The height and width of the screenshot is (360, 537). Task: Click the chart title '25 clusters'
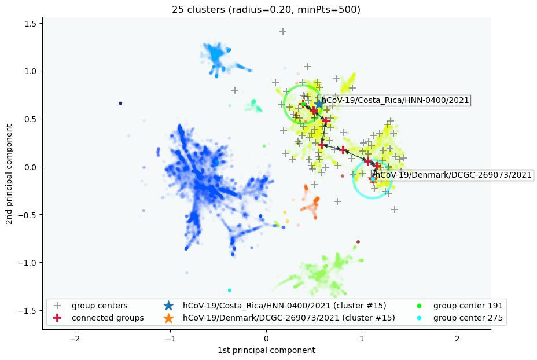[266, 9]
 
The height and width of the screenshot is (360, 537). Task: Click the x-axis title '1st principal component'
[266, 350]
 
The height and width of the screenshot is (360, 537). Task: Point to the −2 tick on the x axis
[75, 336]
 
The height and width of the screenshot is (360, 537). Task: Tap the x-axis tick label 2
[457, 336]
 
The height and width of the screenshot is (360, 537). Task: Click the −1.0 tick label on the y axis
[27, 263]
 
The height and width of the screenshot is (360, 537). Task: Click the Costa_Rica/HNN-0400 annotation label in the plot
[395, 101]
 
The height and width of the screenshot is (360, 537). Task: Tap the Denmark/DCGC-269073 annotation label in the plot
[452, 174]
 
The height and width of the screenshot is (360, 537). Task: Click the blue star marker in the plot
[319, 104]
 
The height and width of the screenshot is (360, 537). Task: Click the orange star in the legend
[168, 318]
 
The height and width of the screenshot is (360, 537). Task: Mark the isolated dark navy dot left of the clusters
[120, 104]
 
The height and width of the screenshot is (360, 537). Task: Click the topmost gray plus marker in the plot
[283, 31]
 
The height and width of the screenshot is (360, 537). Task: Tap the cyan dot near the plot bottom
[230, 290]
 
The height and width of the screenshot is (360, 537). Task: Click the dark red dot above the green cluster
[358, 242]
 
